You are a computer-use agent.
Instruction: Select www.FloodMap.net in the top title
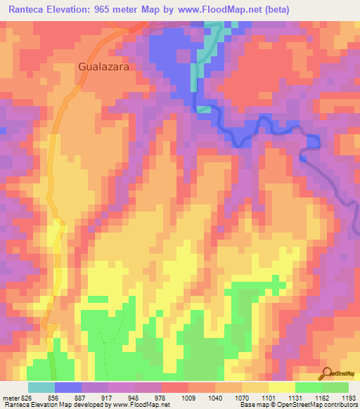pos(221,10)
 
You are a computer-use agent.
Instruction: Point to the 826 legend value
pos(25,397)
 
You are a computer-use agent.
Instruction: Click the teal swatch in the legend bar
pos(41,387)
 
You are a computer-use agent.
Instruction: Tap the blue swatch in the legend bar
pos(68,387)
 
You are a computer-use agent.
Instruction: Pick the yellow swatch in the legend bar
pos(282,387)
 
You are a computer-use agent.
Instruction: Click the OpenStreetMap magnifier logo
pos(326,373)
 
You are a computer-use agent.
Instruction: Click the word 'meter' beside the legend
pos(9,397)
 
